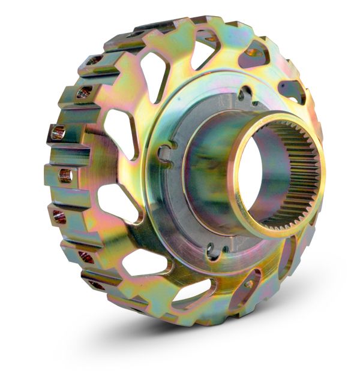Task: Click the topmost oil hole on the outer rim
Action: [x=91, y=61]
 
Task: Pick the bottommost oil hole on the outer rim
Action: [x=95, y=285]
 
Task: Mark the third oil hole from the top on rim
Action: [x=58, y=133]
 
